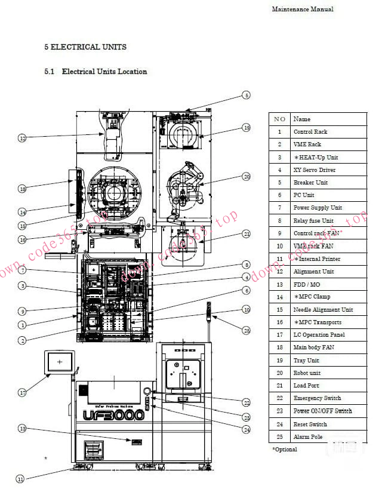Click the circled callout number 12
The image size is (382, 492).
click(22, 138)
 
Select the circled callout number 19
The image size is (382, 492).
click(246, 127)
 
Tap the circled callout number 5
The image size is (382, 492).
click(246, 95)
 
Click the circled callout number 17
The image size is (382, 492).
click(22, 392)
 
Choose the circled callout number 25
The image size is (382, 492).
click(247, 330)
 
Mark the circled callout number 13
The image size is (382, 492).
click(22, 428)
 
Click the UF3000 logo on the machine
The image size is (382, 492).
click(115, 414)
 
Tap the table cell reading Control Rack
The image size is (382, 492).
click(310, 131)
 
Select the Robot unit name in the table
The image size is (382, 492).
click(307, 373)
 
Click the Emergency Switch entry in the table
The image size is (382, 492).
click(317, 398)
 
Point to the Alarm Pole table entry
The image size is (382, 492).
click(308, 436)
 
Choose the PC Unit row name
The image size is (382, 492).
click(304, 195)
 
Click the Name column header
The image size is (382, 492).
click(302, 119)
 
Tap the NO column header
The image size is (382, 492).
click(279, 119)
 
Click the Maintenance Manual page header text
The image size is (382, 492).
click(303, 9)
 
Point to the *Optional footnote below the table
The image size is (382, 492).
click(285, 449)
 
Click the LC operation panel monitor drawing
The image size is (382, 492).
click(59, 362)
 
